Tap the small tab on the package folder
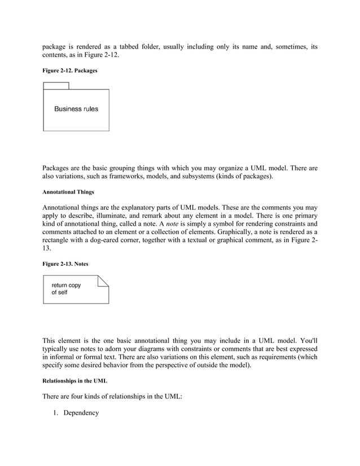click(x=56, y=86)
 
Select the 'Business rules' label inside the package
click(x=76, y=109)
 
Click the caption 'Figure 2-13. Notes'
click(x=65, y=263)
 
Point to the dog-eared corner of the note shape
click(x=104, y=280)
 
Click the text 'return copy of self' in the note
click(x=66, y=289)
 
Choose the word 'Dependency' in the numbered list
click(x=81, y=413)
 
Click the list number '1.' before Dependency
click(x=56, y=413)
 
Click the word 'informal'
click(x=64, y=357)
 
